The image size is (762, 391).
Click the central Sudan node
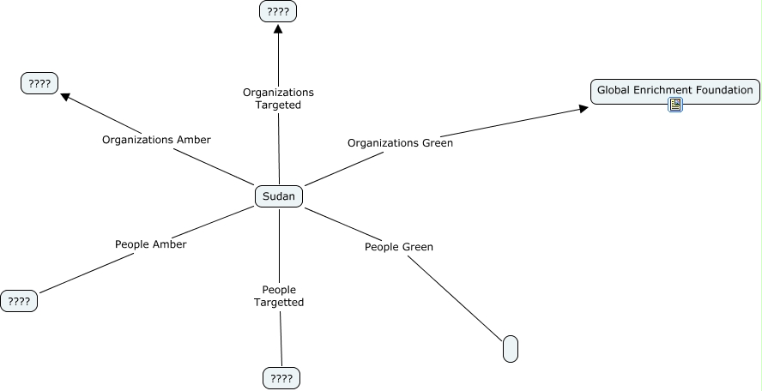tap(279, 196)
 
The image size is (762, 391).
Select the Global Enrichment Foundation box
tap(675, 90)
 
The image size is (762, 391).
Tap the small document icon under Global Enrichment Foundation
tap(675, 105)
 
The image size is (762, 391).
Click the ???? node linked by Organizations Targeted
tap(278, 12)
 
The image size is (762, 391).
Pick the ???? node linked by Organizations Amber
tap(39, 83)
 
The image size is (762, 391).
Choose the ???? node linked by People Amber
tap(19, 301)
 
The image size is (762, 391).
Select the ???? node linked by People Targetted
tap(281, 378)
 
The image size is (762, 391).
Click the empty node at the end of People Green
tap(511, 349)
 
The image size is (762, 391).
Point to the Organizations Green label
tap(400, 143)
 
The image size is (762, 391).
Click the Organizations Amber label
tap(156, 139)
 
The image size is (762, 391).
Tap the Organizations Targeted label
tap(278, 99)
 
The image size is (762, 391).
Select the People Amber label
tap(151, 244)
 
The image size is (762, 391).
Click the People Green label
tap(399, 247)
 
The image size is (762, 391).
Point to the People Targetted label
tap(279, 296)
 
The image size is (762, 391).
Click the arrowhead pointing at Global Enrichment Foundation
tap(584, 107)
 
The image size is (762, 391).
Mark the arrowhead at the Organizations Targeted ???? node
tap(278, 29)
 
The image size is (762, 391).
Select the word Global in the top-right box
tap(613, 90)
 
